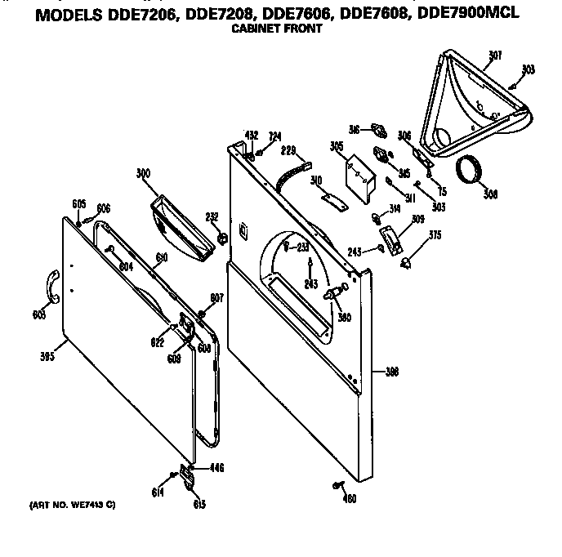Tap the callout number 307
click(495, 56)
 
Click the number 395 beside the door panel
click(48, 356)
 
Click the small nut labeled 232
click(221, 238)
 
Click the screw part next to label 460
click(337, 487)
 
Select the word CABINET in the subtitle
click(253, 28)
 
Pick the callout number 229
click(288, 150)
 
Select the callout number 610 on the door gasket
click(162, 256)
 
